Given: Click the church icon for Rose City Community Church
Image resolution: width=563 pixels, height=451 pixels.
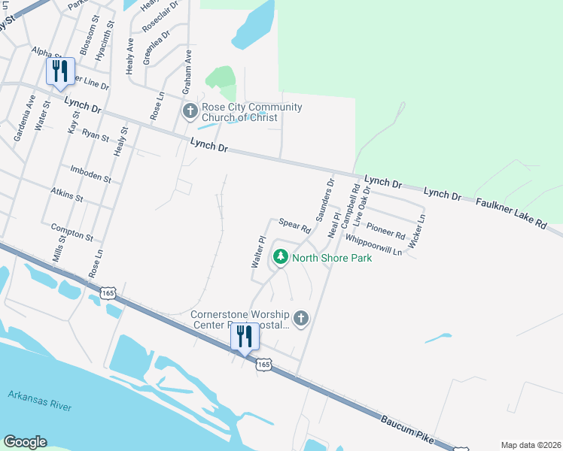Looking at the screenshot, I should [x=190, y=112].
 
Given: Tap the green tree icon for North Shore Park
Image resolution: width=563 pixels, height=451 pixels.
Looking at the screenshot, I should [x=281, y=258].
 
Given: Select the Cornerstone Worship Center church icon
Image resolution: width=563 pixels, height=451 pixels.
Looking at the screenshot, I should [x=301, y=319].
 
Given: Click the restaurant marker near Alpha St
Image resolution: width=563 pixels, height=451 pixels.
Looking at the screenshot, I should [x=60, y=72].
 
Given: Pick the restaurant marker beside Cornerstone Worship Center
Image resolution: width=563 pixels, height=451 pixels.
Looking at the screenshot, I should [x=245, y=337].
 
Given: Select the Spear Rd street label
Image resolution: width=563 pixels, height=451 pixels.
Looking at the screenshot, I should [x=295, y=224].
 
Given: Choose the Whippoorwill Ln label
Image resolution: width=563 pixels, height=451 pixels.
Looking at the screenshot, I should [x=373, y=245].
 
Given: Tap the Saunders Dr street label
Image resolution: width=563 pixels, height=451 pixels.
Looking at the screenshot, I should [x=324, y=198].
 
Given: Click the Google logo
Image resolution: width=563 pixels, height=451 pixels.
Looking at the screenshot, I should [x=25, y=442].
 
